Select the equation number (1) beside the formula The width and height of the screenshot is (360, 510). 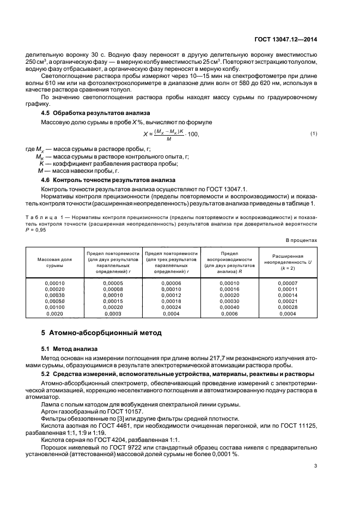click(x=314, y=133)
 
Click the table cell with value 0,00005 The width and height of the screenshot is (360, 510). click(x=113, y=283)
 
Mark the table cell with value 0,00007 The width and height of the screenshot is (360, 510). click(x=287, y=283)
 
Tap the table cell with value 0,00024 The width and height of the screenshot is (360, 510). click(x=171, y=307)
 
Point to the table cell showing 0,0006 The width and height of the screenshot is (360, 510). click(x=229, y=313)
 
